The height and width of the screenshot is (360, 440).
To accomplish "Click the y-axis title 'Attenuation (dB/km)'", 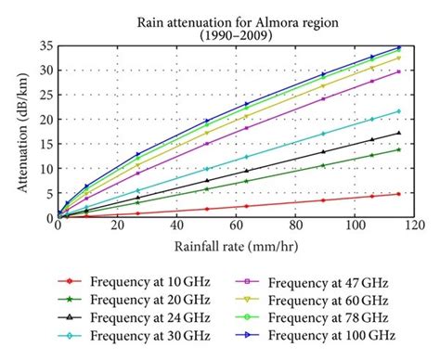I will tap(21, 130).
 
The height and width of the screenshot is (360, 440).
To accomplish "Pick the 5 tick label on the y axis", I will tap(48, 193).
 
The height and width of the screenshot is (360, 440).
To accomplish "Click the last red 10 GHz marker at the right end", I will tap(398, 194).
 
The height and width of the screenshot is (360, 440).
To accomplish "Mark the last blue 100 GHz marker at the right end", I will tap(398, 47).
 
